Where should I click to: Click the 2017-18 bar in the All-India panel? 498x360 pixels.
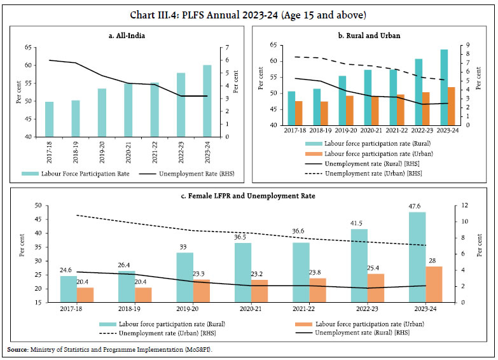coord(49,119)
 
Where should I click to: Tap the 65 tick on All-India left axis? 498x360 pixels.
coord(27,47)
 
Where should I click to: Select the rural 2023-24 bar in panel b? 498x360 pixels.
coord(444,87)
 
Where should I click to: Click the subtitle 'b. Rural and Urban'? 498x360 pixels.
coord(373,35)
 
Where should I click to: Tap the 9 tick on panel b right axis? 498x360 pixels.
coord(468,45)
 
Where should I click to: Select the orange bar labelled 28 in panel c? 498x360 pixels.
coord(434,284)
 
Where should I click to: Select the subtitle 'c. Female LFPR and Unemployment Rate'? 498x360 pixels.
coord(248,196)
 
